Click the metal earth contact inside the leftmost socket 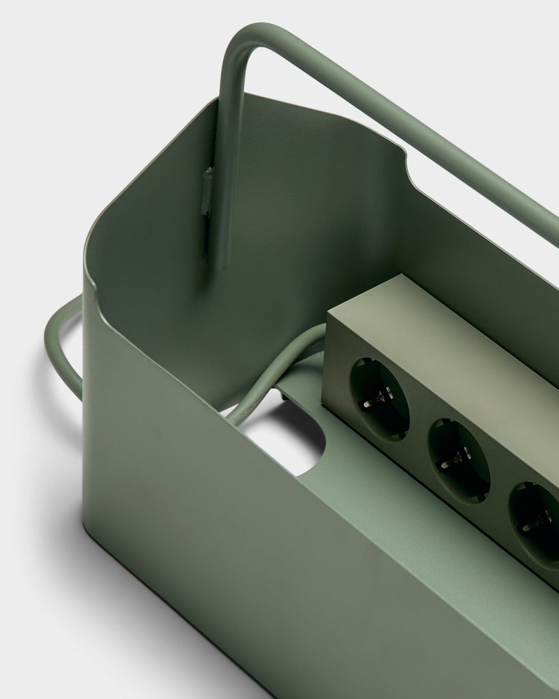377,397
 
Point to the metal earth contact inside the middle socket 455,459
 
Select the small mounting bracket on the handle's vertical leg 207,191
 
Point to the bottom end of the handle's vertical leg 218,263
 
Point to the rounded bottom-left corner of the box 92,529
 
